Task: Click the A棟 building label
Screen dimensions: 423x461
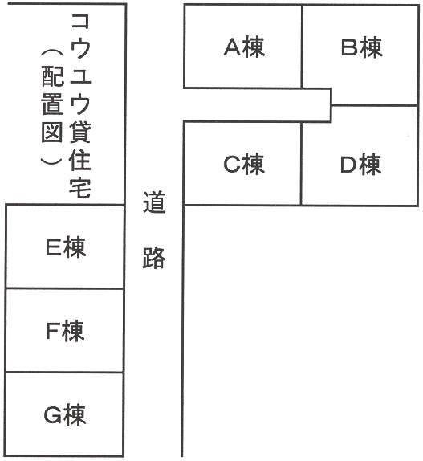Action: [x=244, y=47]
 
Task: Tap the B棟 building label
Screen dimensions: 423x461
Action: [x=362, y=47]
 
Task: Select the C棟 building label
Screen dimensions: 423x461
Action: [x=244, y=164]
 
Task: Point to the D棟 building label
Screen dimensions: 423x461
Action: [x=361, y=165]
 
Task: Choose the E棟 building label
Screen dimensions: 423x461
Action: [x=66, y=247]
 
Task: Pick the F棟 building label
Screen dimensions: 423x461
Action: [x=66, y=331]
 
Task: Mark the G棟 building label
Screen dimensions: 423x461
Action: [x=65, y=415]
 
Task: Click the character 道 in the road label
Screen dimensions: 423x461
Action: [x=155, y=202]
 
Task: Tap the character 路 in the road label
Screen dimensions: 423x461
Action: [x=154, y=257]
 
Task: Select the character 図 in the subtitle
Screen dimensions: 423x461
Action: [x=52, y=131]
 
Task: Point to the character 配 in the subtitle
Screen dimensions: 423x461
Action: [x=53, y=76]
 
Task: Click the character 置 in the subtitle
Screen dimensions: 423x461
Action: [x=52, y=104]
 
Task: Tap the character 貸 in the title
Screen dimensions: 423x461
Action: [x=80, y=132]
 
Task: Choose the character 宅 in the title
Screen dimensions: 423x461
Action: [x=80, y=186]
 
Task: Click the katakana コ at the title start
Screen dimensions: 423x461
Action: [x=80, y=21]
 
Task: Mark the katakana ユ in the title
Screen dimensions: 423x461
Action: [x=80, y=75]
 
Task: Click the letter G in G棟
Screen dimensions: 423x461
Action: [x=53, y=415]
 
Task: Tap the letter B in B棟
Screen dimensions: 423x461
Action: [x=350, y=47]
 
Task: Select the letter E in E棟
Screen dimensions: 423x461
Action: [x=54, y=247]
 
